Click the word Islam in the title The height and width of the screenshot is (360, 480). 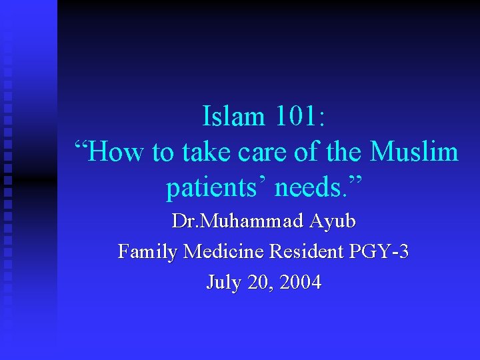click(233, 117)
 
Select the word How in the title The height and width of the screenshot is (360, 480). click(117, 153)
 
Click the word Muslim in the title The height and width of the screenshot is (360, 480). click(414, 153)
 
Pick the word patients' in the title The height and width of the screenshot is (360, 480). click(216, 189)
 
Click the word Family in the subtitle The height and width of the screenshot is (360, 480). click(148, 251)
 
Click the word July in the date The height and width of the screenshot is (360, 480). click(222, 282)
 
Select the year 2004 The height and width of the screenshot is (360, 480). click(301, 282)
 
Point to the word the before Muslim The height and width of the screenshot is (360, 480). click(344, 153)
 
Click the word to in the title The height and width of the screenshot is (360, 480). click(163, 153)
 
